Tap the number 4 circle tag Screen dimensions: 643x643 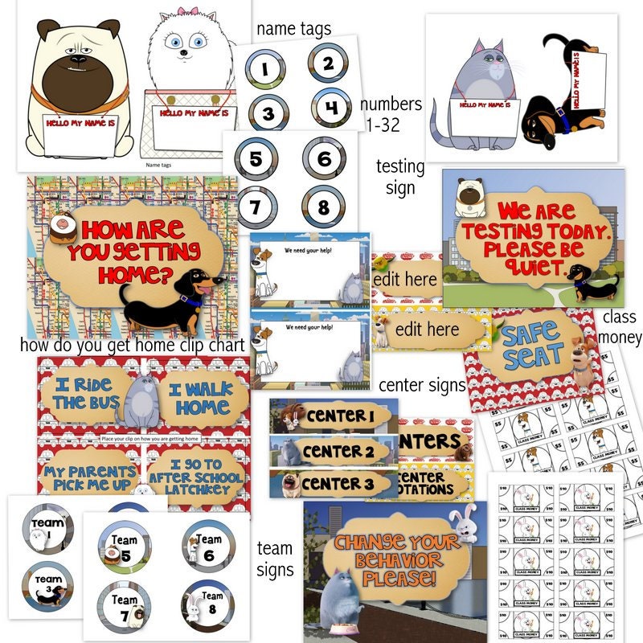click(x=330, y=107)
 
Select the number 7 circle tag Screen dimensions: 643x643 click(x=255, y=207)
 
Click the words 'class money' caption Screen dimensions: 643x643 click(x=621, y=329)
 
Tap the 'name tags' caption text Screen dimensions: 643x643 click(x=293, y=29)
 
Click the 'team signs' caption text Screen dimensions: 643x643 click(x=275, y=559)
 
